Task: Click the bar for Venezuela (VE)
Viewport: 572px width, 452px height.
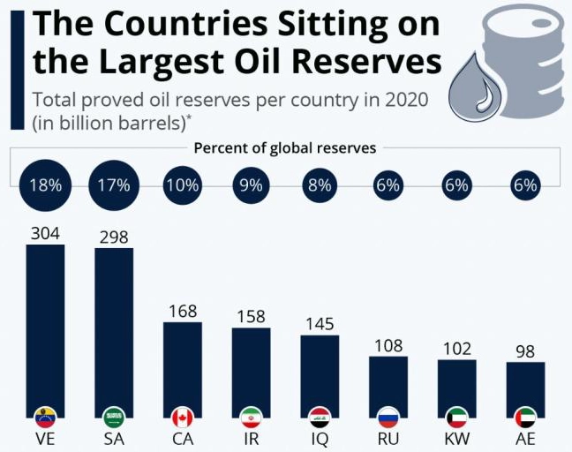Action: tap(45, 327)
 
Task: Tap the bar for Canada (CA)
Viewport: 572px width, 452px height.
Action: tap(183, 366)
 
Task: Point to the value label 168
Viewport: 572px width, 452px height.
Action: tap(183, 311)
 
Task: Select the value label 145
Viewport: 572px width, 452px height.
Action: tap(320, 324)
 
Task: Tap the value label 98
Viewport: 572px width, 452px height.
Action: tap(525, 351)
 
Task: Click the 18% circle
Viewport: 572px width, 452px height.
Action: tap(45, 185)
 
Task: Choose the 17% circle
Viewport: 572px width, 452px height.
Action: tap(114, 185)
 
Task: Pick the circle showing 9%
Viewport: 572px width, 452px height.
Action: tap(251, 185)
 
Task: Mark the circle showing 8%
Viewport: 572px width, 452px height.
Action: tap(320, 185)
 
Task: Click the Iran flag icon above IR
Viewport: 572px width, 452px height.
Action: tap(251, 417)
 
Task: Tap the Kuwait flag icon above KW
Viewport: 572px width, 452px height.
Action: tap(456, 417)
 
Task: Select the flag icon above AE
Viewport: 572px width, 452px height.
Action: tap(525, 417)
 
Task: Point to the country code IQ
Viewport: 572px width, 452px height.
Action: tap(320, 439)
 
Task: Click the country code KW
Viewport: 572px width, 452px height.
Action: tap(456, 439)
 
